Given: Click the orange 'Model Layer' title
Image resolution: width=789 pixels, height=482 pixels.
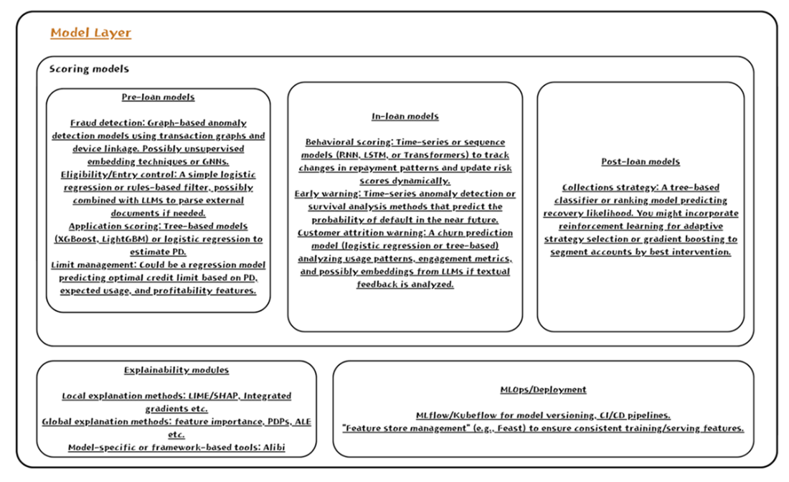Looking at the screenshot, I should [90, 33].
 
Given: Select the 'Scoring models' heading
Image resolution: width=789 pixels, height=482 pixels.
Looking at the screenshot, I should [89, 70].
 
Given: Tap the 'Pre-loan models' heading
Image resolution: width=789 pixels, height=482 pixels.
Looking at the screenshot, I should [158, 97].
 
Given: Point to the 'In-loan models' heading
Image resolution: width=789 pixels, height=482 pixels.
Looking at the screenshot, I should [405, 116].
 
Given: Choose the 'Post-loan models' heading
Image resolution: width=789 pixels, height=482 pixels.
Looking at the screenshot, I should [641, 161].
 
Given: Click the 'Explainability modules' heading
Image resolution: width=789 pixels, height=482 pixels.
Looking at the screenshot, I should [176, 370].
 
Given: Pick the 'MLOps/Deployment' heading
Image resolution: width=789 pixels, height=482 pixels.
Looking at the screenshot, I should [543, 389].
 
